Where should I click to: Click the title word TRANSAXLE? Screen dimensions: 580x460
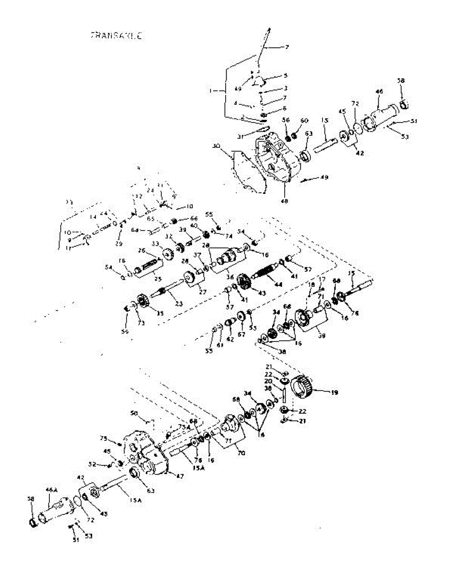click(116, 35)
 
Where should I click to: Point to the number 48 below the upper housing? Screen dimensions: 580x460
click(284, 200)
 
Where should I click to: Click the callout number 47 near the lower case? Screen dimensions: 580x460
click(179, 476)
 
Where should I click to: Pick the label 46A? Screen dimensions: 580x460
click(51, 490)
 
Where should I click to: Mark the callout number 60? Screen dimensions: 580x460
click(304, 120)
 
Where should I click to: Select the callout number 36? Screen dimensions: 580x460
click(230, 277)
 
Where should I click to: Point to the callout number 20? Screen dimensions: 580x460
click(281, 381)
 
